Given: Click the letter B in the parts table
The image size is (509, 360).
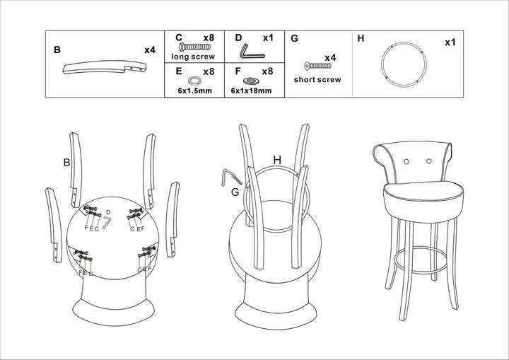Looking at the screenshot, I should [x=57, y=50].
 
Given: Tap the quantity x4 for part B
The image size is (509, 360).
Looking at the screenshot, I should [x=149, y=50].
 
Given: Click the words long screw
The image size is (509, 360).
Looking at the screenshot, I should [x=192, y=56].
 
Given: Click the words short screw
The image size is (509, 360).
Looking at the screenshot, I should [x=317, y=80].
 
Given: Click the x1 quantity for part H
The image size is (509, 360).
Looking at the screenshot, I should [x=450, y=42].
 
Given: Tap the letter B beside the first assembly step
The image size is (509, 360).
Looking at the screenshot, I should [x=66, y=163].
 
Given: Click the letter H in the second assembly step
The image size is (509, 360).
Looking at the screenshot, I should [x=277, y=161].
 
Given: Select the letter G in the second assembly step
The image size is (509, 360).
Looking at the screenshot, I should [x=235, y=191].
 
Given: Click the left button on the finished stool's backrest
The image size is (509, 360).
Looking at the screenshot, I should [x=406, y=161].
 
